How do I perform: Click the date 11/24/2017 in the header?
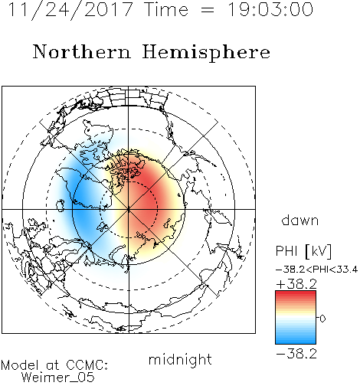point(70,9)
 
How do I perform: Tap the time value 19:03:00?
point(270,9)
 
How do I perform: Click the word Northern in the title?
point(82,51)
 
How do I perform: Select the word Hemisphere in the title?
point(206,53)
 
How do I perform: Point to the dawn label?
point(300,220)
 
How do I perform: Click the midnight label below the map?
point(180,359)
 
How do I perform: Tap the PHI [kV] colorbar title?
point(303,251)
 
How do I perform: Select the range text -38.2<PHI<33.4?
point(316,270)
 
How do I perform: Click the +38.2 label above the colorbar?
point(296,284)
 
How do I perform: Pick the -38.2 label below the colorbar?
point(296,354)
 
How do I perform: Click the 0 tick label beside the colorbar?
point(322,319)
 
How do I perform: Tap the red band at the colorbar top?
point(296,296)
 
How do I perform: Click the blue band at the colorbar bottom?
point(296,339)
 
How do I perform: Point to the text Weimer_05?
point(58,378)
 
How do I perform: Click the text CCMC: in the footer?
point(87,365)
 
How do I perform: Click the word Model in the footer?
point(20,365)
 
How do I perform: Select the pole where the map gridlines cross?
point(129,209)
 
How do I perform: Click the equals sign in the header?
point(208,10)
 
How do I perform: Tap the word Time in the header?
point(166,9)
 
